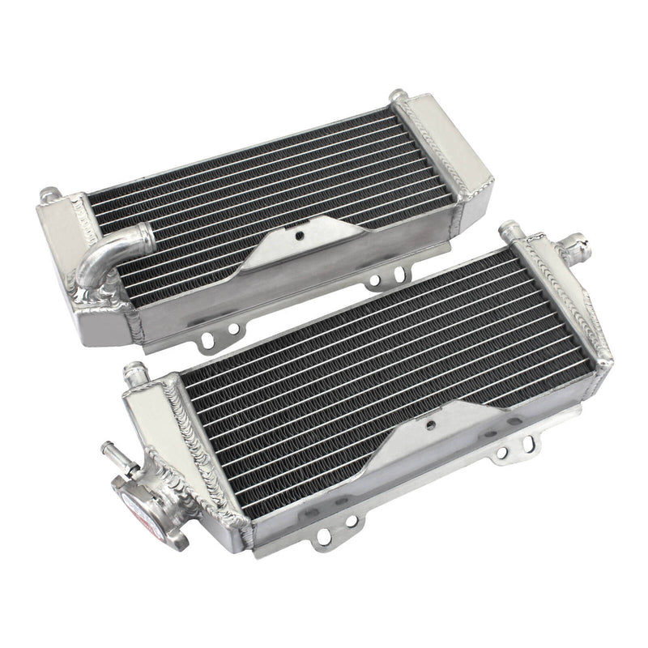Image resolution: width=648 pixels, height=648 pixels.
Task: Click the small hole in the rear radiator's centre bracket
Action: pos(299,236)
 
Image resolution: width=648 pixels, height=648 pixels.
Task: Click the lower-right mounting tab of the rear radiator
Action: pos(377,281)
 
